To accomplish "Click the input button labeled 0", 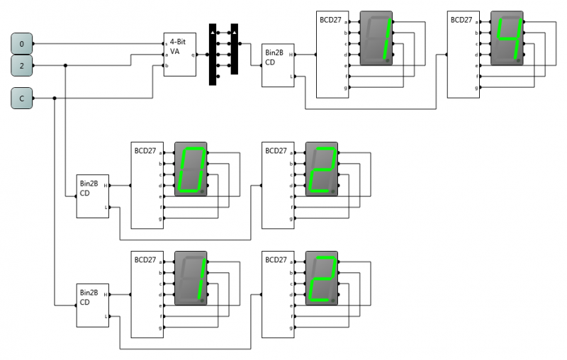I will point(21,44).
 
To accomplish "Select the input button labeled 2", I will point(21,66).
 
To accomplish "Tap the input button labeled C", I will point(21,99).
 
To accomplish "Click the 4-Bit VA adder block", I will point(179,54).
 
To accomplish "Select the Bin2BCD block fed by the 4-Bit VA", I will point(278,65).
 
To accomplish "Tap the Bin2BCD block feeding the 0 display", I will point(93,196).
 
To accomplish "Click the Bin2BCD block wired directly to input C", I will point(93,305).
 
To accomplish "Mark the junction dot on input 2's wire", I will point(66,66).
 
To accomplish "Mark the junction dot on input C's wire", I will point(55,99).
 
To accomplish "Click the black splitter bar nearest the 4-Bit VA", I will point(213,55).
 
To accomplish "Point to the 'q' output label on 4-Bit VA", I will point(193,55).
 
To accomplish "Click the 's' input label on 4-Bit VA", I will point(166,44).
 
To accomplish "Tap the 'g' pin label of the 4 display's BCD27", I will point(478,87).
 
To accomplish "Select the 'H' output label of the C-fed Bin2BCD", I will point(106,294).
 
